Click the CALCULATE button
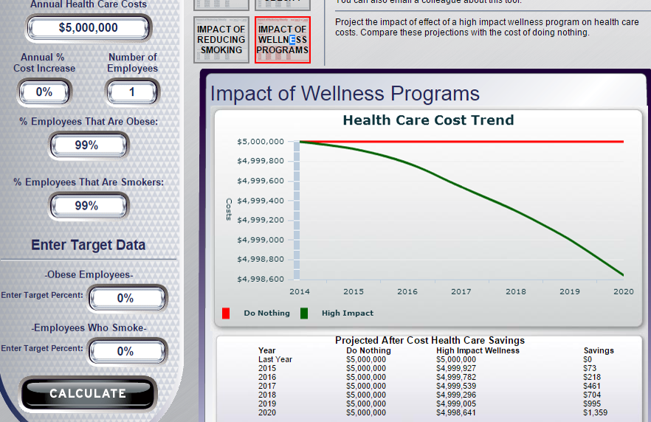coord(88,393)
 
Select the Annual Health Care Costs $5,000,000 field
coord(88,28)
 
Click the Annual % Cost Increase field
coord(44,92)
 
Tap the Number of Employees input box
coord(132,92)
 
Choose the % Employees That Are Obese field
coord(88,145)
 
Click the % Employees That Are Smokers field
coord(88,206)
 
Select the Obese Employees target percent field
coord(126,299)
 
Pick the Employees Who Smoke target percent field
coord(126,352)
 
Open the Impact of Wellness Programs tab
coord(283,40)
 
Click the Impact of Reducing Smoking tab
coord(221,40)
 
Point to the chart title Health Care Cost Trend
coord(428,120)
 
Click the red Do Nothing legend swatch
coord(226,313)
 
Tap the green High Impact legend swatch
coord(304,313)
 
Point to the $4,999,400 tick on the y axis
coord(261,201)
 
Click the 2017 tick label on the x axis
coord(461,291)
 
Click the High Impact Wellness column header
coord(478,350)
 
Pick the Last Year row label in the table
coord(275,359)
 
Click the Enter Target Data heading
coord(88,245)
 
